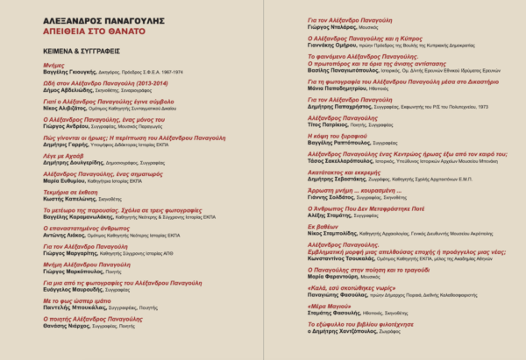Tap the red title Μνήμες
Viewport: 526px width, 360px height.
click(54, 66)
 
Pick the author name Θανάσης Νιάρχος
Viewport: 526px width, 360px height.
click(67, 327)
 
